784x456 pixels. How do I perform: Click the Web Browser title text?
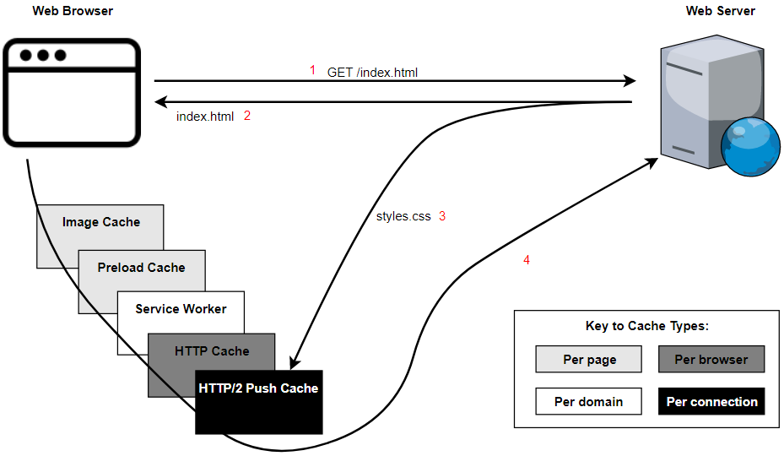pos(73,11)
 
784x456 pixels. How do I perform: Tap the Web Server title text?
pos(720,11)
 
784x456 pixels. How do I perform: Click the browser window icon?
pos(71,93)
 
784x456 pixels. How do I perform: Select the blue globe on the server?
pos(750,148)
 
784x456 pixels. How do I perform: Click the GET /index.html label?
pos(372,73)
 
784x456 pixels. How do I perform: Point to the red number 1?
pos(312,70)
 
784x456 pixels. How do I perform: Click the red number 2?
pos(247,116)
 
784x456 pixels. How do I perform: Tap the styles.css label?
pos(403,216)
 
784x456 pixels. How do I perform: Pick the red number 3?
pos(441,216)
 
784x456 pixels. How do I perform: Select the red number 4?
pos(527,260)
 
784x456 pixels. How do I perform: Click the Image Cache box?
pos(100,223)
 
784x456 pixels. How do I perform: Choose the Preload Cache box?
pos(141,268)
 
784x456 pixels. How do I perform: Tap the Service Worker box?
pos(181,309)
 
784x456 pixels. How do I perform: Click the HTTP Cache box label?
pos(212,350)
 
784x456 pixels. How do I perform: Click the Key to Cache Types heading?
pos(647,326)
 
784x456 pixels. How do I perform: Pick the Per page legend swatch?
pos(589,360)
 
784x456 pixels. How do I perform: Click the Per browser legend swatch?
pos(711,360)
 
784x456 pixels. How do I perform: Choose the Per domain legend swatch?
pos(589,401)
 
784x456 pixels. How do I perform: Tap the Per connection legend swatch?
pos(711,401)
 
